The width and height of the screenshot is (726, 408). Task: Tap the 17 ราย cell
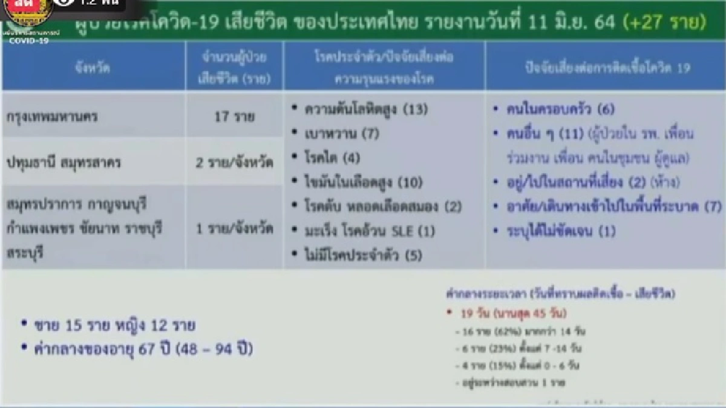click(235, 115)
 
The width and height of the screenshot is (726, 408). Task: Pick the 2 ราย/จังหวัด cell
click(235, 162)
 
